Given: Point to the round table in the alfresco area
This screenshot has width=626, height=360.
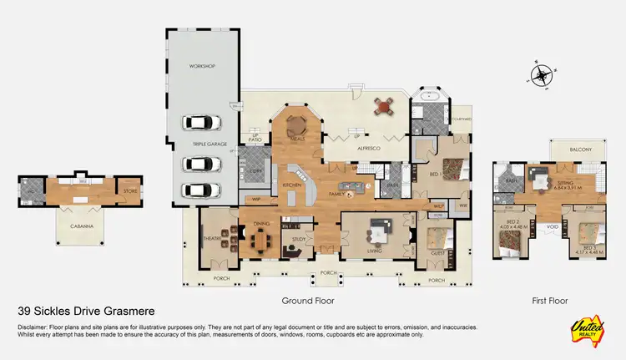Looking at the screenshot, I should (x=384, y=106).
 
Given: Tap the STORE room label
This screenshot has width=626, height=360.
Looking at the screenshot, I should (x=129, y=191).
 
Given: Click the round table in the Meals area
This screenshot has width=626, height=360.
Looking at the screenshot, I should (x=297, y=125).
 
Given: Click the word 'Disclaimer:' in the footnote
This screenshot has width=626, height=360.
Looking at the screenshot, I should (x=33, y=327).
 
